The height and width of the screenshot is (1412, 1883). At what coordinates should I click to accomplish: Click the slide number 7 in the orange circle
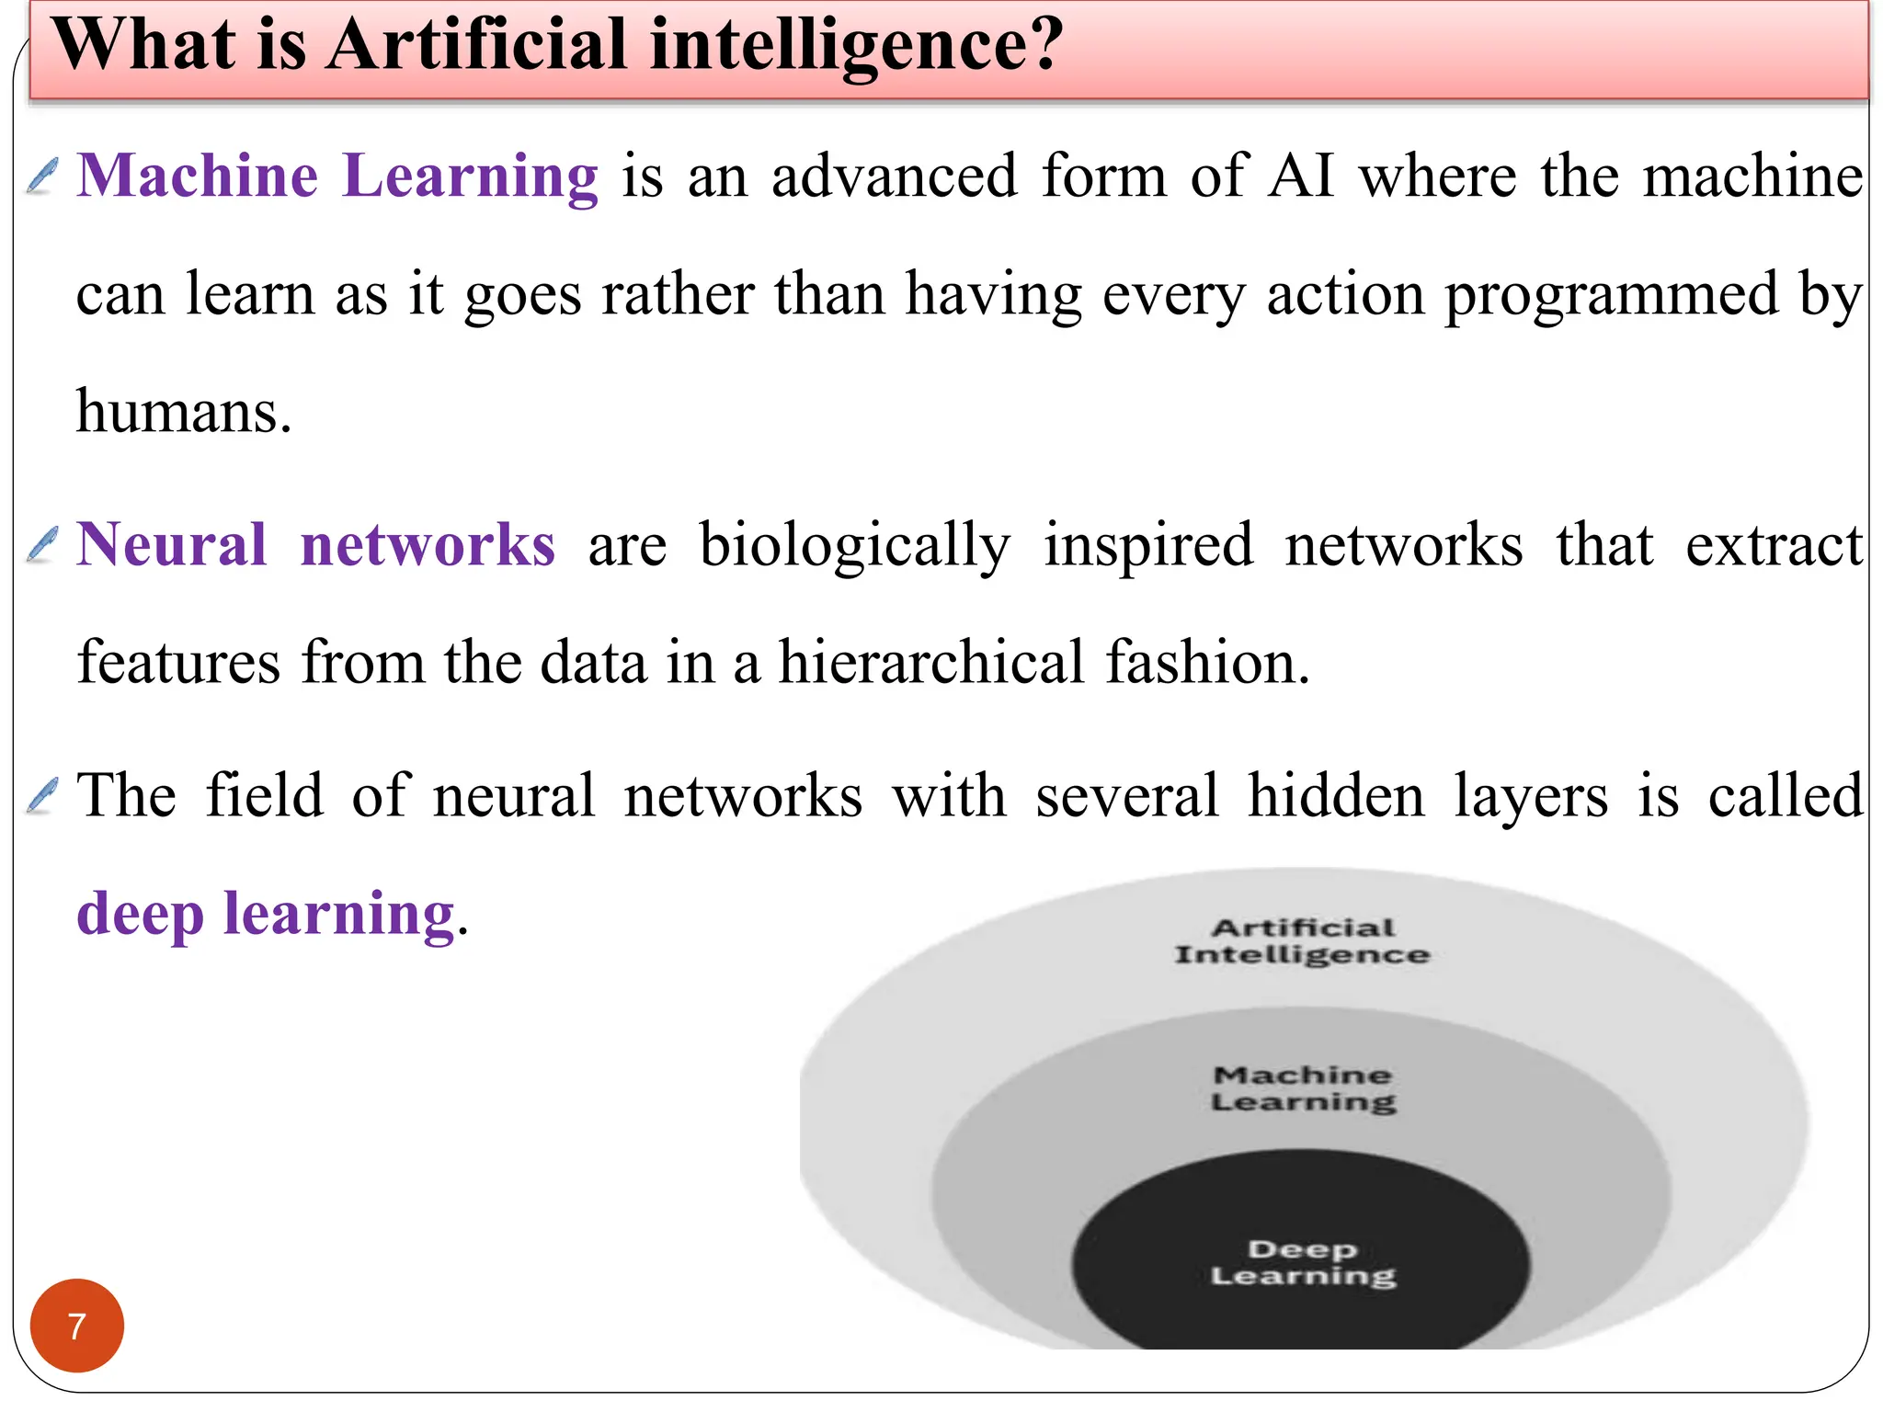(76, 1326)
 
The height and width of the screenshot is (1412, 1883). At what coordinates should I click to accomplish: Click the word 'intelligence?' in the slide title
(857, 46)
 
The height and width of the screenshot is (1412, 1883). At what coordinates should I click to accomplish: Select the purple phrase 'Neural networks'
(315, 544)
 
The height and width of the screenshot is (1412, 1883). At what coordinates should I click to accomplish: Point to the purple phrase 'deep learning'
(266, 914)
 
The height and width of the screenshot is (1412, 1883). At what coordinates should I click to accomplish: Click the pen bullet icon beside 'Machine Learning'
(42, 176)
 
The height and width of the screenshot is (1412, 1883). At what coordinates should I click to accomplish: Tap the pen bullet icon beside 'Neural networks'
(42, 544)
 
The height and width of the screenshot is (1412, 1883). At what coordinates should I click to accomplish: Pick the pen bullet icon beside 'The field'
(42, 795)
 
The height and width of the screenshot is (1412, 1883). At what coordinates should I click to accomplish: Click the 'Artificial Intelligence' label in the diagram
(1302, 941)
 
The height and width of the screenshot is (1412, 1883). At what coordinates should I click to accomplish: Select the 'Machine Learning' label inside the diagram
(1303, 1088)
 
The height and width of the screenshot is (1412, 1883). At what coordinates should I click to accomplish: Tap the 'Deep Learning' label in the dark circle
(1303, 1263)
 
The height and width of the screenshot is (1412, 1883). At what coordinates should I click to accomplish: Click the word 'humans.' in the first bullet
(184, 412)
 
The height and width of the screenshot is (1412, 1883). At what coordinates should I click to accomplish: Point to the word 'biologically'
(854, 546)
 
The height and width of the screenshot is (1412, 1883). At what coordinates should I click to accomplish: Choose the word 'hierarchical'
(931, 662)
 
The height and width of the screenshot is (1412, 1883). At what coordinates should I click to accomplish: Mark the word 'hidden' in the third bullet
(1335, 795)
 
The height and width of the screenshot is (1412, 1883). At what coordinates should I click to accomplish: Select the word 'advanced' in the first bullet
(895, 176)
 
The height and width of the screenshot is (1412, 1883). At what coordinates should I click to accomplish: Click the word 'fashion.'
(1207, 662)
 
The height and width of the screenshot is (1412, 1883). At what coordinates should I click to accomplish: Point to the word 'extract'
(1774, 545)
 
